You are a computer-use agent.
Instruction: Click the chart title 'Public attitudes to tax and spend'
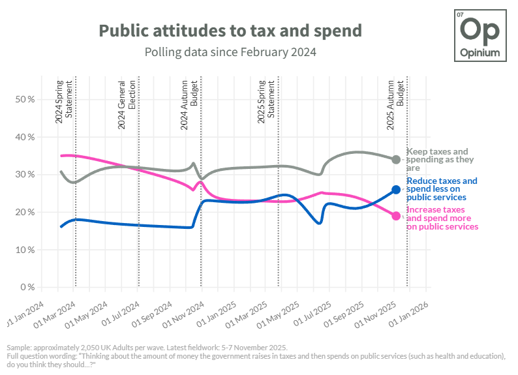(x=230, y=31)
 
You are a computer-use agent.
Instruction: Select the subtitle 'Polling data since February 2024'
(x=230, y=52)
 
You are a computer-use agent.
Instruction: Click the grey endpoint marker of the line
(x=396, y=159)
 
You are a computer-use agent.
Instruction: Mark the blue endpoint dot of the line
(x=396, y=190)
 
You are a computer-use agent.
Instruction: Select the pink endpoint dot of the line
(x=396, y=216)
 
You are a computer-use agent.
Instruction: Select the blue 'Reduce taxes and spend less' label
(x=442, y=188)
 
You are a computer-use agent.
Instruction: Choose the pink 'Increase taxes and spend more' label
(x=442, y=218)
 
